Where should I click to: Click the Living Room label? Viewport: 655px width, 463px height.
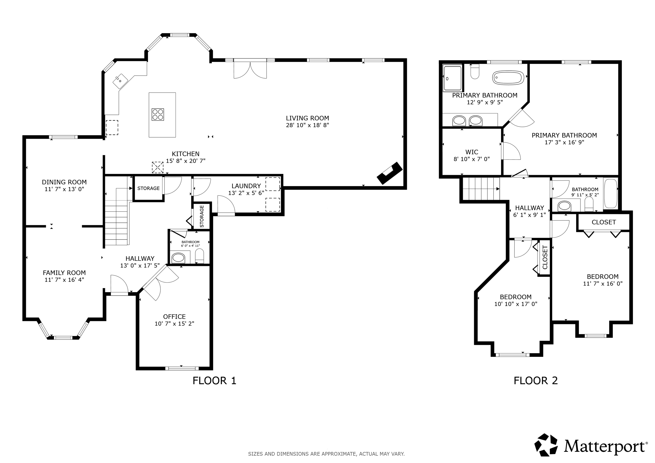(307, 118)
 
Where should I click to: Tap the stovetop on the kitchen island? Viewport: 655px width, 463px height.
(158, 114)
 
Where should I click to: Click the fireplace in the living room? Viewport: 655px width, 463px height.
(389, 173)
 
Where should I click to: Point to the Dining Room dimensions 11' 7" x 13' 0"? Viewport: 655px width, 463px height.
(64, 189)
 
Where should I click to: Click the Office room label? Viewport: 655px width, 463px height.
(174, 317)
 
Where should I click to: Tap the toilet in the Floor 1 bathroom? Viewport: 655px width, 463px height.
(199, 256)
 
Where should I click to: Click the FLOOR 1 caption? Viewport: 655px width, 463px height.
(214, 381)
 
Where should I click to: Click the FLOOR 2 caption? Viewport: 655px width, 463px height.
(536, 381)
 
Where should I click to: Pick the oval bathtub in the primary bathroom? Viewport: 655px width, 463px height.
(508, 78)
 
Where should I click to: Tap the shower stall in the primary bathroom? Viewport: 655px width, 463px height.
(452, 78)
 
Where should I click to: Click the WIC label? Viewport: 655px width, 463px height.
(472, 152)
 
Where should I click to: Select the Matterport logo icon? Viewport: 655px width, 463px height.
(546, 445)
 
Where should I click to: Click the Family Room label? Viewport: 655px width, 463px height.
(64, 273)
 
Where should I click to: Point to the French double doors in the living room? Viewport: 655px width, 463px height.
(250, 69)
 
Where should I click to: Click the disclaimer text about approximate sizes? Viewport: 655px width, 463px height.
(326, 454)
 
